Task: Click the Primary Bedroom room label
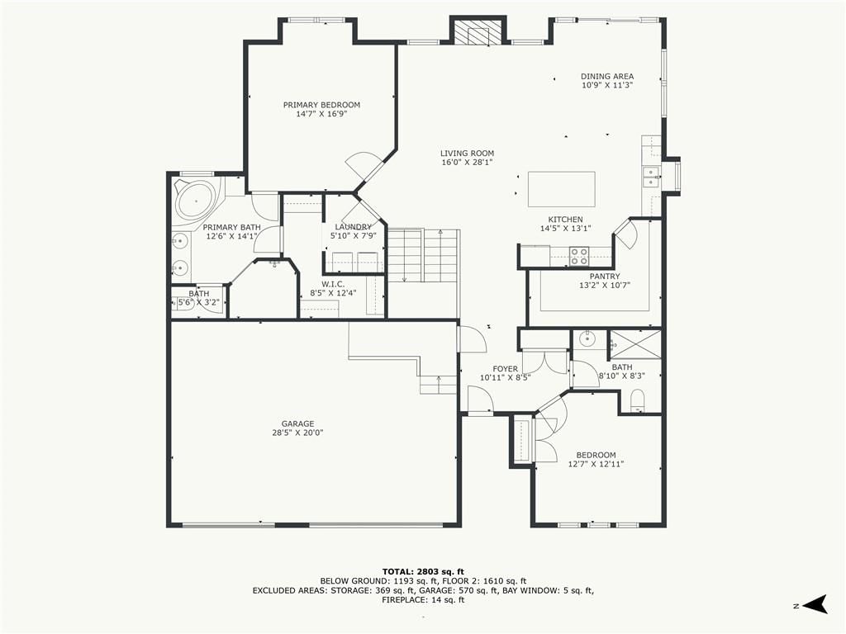(x=321, y=105)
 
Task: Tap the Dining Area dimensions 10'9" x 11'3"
(x=607, y=85)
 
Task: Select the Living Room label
(x=467, y=153)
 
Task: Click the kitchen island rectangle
(x=561, y=189)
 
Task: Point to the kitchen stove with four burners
(x=579, y=256)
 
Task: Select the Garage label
(x=297, y=423)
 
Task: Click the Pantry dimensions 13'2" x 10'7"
(x=604, y=285)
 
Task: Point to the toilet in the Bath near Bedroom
(x=638, y=401)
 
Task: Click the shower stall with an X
(x=634, y=343)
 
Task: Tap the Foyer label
(x=505, y=369)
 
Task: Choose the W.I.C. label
(x=333, y=284)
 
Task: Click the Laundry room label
(x=353, y=227)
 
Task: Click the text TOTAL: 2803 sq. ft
(x=423, y=571)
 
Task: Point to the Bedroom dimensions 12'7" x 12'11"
(x=596, y=464)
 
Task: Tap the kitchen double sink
(x=651, y=177)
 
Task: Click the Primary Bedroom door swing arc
(x=358, y=163)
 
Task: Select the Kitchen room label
(x=565, y=220)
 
